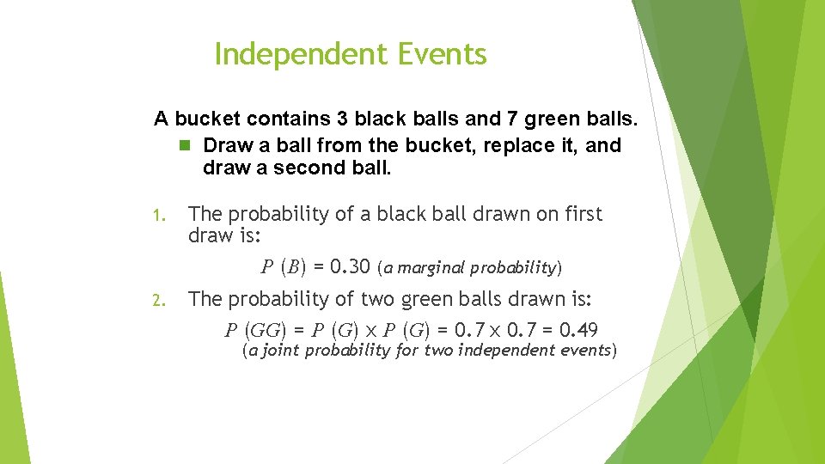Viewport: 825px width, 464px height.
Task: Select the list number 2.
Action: (157, 300)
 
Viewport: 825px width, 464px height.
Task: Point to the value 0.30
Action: (349, 267)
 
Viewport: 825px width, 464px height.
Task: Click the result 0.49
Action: (578, 330)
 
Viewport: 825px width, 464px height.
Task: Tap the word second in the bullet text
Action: (305, 168)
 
